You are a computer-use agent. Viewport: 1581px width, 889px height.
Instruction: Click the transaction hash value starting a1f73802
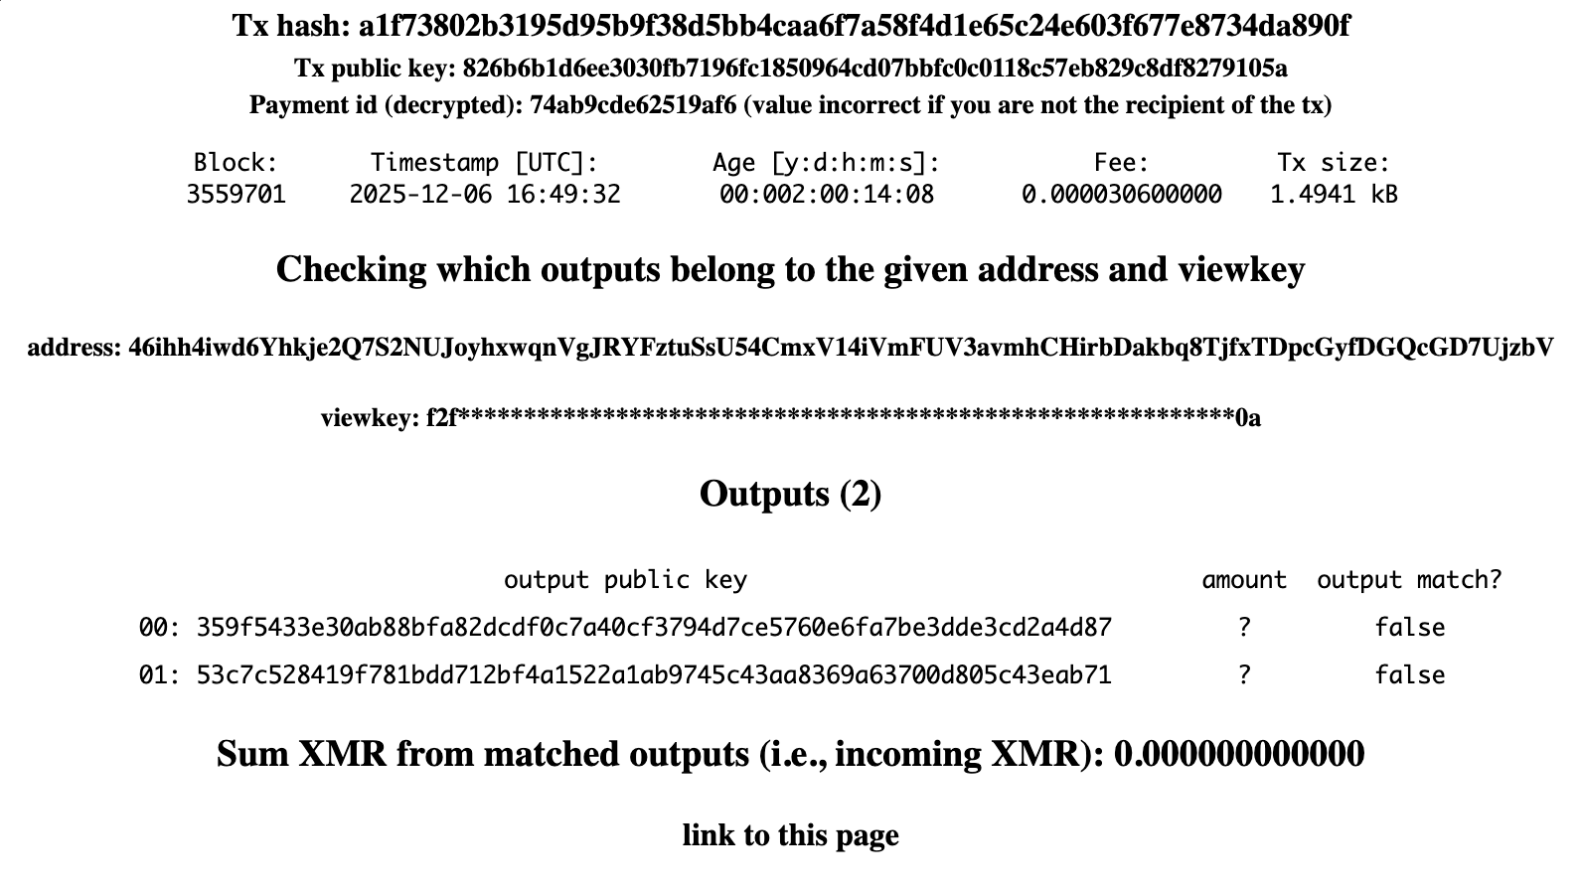(854, 26)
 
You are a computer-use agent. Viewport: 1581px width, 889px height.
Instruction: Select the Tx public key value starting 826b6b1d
(874, 69)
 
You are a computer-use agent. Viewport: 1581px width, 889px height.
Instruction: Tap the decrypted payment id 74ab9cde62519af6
(633, 105)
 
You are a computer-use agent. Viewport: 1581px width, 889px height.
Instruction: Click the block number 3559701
(236, 195)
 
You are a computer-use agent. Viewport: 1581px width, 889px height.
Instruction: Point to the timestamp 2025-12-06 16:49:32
(485, 195)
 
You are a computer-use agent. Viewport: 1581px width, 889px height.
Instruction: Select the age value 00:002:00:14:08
(827, 195)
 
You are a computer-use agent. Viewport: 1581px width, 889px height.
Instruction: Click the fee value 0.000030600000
(1122, 195)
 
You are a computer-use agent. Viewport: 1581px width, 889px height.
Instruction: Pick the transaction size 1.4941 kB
(1334, 195)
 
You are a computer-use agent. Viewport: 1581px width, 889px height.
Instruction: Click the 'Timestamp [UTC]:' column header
(485, 163)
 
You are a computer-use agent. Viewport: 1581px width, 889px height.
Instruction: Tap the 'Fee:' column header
(1122, 163)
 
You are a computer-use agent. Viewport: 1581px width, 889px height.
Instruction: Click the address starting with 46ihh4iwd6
(841, 348)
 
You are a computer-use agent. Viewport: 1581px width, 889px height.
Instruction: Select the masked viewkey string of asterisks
(845, 418)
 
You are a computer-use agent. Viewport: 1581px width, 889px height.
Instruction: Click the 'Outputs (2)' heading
(790, 494)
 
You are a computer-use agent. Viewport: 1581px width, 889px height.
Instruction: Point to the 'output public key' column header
(625, 580)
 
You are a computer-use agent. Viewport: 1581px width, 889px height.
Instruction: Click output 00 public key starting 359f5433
(654, 628)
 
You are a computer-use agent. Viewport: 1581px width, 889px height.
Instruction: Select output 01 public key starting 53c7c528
(654, 675)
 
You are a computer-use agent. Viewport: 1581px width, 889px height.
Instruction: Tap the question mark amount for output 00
(1244, 628)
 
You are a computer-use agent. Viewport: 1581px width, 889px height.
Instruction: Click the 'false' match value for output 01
(1409, 675)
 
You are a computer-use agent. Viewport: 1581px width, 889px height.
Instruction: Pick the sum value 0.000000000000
(1239, 755)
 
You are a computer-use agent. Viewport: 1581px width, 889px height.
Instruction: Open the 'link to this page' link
(790, 835)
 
